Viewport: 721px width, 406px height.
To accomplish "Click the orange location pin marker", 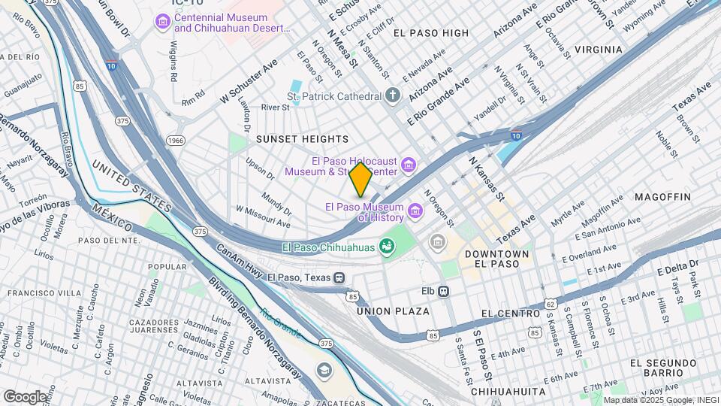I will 360,179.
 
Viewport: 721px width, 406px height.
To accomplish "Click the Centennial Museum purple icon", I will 161,23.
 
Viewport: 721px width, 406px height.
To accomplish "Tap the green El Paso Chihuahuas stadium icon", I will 388,247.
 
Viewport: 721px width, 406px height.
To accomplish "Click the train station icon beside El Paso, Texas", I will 340,277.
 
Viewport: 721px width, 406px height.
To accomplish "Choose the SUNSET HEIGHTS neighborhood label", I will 302,139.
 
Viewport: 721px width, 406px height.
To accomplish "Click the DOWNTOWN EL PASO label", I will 496,261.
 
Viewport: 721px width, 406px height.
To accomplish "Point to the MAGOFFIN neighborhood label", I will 662,197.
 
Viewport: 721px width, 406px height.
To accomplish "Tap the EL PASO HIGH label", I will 430,33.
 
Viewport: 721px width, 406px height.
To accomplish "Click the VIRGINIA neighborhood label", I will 599,50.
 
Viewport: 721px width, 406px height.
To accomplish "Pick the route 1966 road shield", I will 176,140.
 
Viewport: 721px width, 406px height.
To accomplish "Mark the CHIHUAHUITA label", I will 507,392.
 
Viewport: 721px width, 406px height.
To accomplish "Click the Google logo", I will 25,396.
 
